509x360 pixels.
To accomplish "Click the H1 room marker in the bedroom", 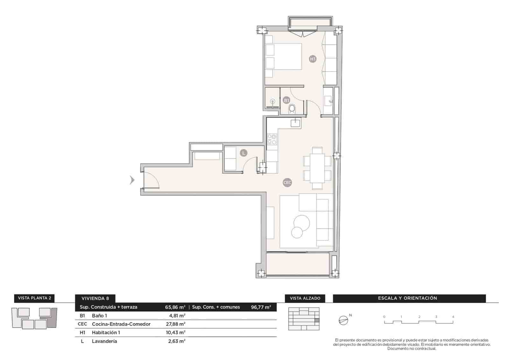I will (x=313, y=59).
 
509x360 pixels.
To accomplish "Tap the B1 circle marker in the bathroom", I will (x=286, y=100).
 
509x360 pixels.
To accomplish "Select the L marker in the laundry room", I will (x=243, y=153).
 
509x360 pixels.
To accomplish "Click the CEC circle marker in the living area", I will (x=287, y=183).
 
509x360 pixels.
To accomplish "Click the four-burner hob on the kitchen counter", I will (x=272, y=139).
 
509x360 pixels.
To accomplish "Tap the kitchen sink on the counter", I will (x=296, y=122).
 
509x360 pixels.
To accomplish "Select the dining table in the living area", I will (x=317, y=168).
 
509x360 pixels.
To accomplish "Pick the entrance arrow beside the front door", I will (x=132, y=180).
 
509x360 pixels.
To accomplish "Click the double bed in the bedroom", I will (x=283, y=56).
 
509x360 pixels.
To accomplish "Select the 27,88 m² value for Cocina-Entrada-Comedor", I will (x=177, y=324).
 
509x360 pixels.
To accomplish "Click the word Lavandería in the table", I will (x=104, y=341).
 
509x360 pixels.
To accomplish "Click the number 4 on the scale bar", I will (x=453, y=317).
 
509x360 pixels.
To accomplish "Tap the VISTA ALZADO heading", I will (x=305, y=298).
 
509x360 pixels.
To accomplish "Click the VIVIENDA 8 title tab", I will (x=95, y=298).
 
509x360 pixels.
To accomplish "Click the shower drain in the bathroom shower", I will (x=272, y=102).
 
